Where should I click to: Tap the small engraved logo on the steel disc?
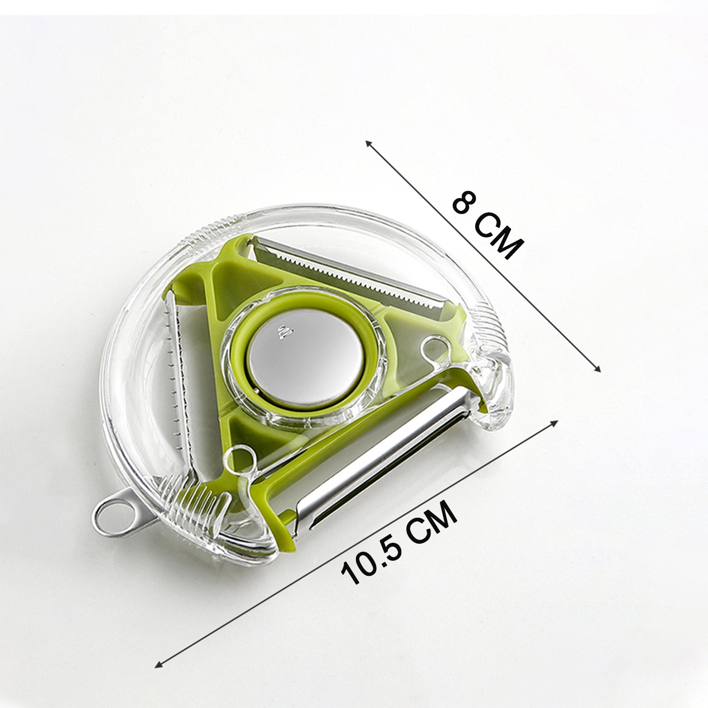pos(284,332)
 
